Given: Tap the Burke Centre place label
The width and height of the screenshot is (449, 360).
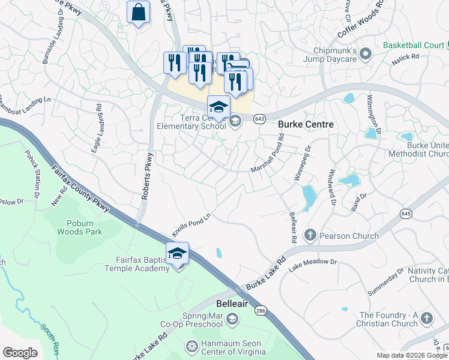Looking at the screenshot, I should tap(306, 124).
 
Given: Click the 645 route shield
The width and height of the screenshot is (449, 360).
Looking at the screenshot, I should tap(406, 213).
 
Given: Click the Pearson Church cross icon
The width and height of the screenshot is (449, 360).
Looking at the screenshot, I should tap(310, 235).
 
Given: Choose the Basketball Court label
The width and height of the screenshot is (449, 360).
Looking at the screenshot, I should tap(414, 45).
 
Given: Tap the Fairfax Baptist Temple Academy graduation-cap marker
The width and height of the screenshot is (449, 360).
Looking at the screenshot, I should tap(178, 253).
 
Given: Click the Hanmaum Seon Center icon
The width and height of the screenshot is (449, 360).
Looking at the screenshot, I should tap(192, 346).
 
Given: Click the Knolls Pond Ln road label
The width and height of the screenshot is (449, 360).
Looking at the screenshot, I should tap(192, 224).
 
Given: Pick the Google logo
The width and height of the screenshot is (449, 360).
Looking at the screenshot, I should tap(20, 353).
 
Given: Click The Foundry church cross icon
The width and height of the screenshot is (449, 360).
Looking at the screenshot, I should tap(427, 318).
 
